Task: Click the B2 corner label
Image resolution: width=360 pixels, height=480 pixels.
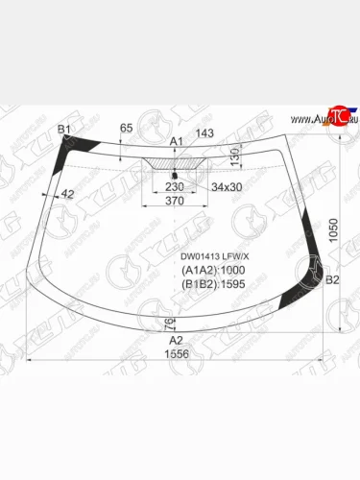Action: (x=333, y=280)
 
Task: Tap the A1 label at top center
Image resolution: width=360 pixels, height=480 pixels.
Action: (x=176, y=141)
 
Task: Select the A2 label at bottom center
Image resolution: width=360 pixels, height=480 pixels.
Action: (x=176, y=340)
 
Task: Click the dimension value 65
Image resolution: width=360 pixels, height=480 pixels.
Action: (x=126, y=128)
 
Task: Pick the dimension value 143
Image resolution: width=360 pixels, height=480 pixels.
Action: (x=204, y=134)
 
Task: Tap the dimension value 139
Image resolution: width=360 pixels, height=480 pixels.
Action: (x=234, y=155)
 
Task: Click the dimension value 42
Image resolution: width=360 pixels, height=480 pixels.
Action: (x=67, y=195)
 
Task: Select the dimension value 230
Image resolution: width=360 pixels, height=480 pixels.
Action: (x=174, y=188)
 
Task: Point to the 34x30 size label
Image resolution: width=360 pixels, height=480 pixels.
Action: (x=227, y=187)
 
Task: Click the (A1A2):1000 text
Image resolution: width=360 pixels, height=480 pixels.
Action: (x=213, y=271)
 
